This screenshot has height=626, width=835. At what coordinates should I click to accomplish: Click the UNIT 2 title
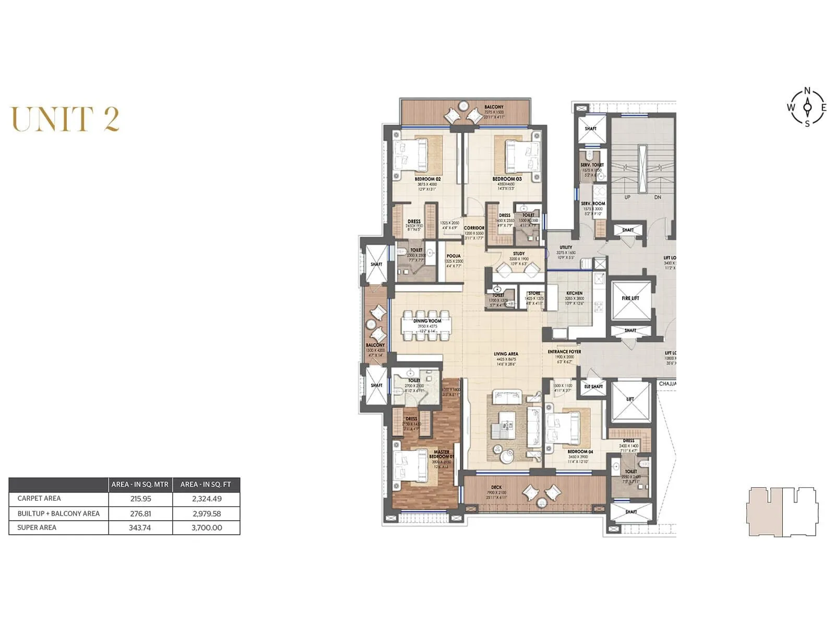tap(65, 119)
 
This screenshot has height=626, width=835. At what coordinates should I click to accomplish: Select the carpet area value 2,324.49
tap(207, 498)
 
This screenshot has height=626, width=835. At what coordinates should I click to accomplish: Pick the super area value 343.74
tap(140, 527)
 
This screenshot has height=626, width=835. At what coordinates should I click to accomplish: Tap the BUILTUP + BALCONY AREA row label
tap(58, 513)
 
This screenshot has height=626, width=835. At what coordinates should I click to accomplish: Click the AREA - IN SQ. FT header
tap(206, 484)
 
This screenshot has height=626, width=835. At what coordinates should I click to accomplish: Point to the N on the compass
tap(807, 91)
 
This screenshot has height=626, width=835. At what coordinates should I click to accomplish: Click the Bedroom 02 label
tap(427, 179)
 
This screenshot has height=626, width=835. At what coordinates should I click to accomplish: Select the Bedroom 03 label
tap(507, 179)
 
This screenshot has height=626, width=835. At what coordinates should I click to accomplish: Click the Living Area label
tap(506, 354)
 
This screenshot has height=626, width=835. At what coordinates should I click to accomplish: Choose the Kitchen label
tap(574, 293)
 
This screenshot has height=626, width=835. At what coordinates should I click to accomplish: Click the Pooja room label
tap(454, 256)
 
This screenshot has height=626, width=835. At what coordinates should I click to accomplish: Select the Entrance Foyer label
tap(564, 352)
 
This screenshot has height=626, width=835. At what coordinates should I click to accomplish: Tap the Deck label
tap(496, 487)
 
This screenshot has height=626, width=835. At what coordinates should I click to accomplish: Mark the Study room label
tap(519, 254)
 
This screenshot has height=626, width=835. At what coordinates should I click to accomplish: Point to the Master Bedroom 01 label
tap(442, 454)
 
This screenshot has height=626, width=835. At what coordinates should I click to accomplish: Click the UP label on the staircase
tap(627, 197)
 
